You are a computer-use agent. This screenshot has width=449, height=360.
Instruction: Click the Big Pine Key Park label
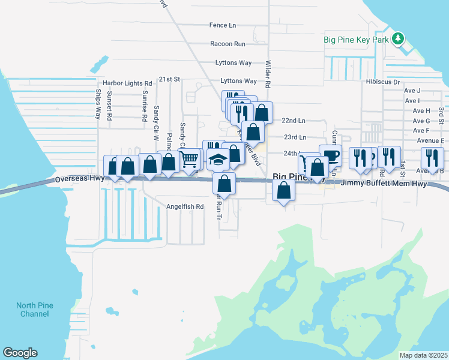[357, 40]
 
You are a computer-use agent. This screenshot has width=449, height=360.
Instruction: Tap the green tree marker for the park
[397, 40]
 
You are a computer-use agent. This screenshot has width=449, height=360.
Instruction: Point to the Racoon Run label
[228, 44]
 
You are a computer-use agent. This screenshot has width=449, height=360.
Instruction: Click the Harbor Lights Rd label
[127, 83]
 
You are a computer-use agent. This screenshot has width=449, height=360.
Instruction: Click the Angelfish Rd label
[185, 206]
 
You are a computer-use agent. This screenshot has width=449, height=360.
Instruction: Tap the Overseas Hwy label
[80, 179]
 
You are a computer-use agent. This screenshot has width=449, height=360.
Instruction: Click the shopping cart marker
[189, 159]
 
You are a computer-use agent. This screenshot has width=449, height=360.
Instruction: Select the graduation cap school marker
[217, 160]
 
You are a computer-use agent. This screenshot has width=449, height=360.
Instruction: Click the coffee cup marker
[330, 155]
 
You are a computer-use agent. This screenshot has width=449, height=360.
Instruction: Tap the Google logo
[20, 353]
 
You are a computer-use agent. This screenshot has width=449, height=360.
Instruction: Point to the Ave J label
[412, 91]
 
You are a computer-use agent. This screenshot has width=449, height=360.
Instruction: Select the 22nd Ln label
[294, 121]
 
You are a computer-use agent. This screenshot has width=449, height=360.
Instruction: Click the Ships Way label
[98, 104]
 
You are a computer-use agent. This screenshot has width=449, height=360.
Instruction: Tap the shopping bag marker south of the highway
[284, 191]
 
